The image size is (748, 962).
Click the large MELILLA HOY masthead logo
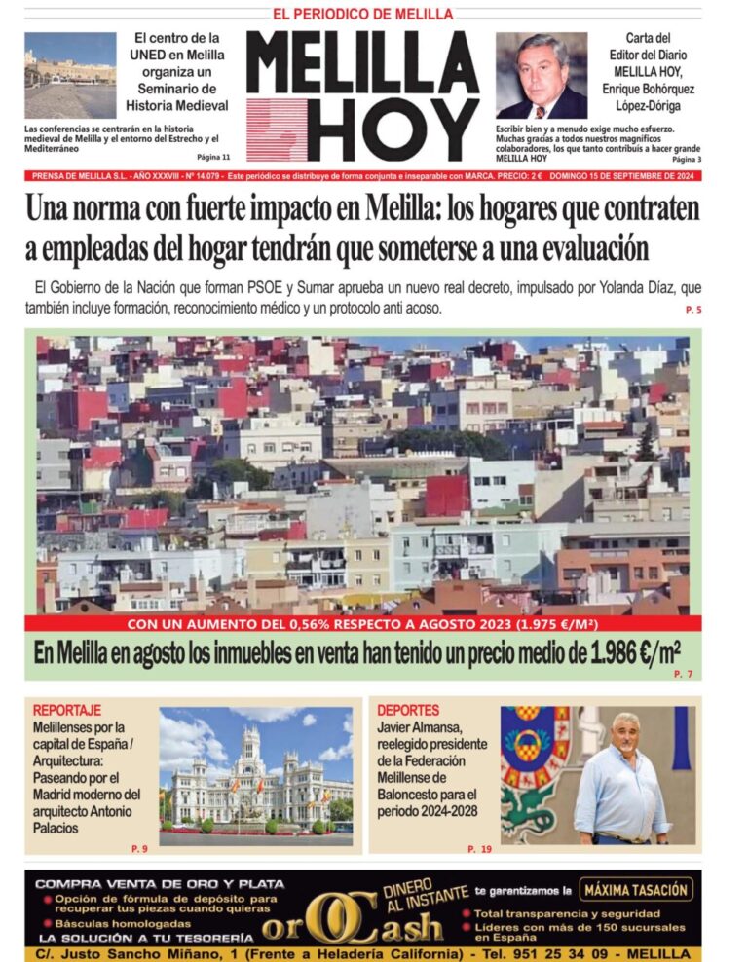tap(362, 95)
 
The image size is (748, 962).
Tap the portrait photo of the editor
tap(542, 75)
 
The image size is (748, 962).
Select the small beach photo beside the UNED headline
tap(70, 75)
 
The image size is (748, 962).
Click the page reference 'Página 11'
tap(213, 157)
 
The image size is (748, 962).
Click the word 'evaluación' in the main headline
tap(583, 248)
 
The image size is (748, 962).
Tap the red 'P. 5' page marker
tap(692, 310)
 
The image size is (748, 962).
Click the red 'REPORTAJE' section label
tap(66, 710)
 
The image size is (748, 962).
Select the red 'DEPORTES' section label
tap(408, 710)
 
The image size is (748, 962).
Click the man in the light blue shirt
tap(621, 782)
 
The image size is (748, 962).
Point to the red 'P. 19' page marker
tap(479, 849)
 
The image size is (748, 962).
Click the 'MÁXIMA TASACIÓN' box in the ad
tap(637, 889)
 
